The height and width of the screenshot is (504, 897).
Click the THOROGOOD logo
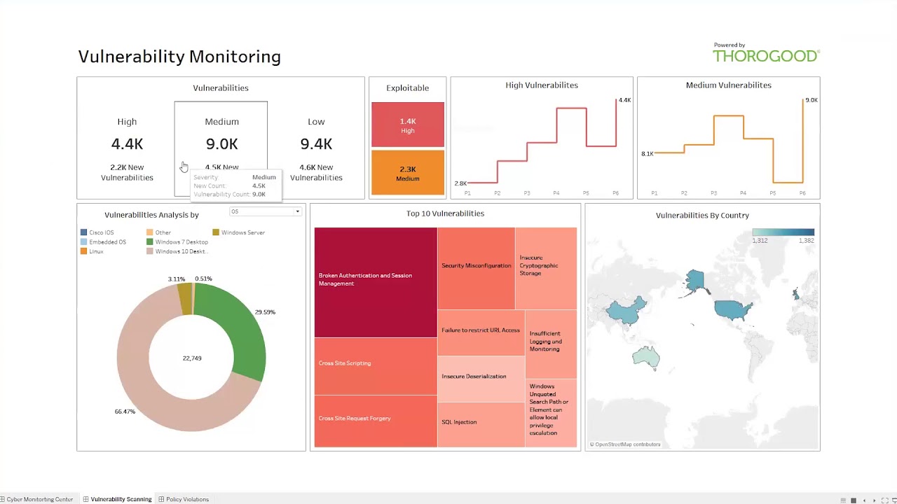[x=766, y=55]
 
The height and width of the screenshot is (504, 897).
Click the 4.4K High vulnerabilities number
[x=127, y=144]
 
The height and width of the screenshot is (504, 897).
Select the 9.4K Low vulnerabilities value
[x=316, y=144]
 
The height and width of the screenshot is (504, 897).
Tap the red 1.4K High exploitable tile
[x=407, y=125]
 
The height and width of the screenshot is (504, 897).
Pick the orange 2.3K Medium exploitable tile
[x=407, y=172]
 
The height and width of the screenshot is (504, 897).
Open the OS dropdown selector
[x=266, y=211]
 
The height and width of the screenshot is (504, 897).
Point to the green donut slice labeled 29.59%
[x=242, y=329]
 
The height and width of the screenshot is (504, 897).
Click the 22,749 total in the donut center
[x=192, y=358]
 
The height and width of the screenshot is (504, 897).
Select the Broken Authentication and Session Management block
[x=375, y=280]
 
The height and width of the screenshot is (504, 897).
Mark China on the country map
[x=624, y=311]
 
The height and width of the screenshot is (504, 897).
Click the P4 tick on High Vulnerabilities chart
[x=556, y=192]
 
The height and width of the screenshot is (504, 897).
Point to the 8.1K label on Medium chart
[x=647, y=153]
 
